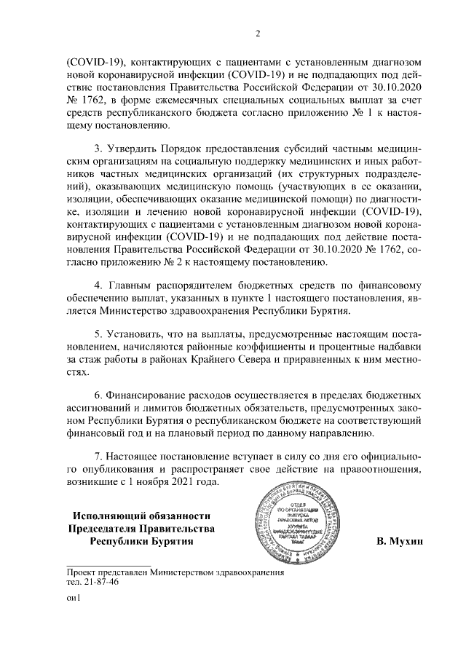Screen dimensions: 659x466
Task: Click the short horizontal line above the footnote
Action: [108, 565]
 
